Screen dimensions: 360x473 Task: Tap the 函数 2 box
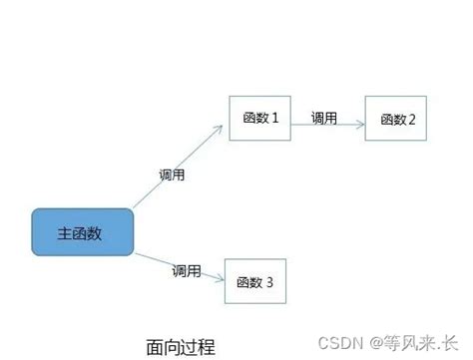coord(396,120)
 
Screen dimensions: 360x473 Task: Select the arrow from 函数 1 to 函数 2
coord(328,127)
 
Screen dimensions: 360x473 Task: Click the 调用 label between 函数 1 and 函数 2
coord(323,117)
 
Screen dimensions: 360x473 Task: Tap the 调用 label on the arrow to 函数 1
coord(172,175)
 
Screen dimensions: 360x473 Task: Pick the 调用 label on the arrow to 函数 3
coord(186,270)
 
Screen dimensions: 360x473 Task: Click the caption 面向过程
coord(181,347)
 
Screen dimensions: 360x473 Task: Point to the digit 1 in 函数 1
coord(273,119)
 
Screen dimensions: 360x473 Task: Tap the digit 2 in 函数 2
coord(411,121)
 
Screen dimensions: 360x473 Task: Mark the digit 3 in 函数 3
coord(269,283)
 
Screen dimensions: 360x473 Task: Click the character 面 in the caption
coord(154,347)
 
